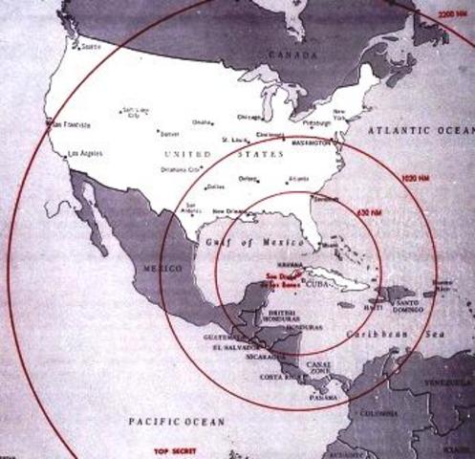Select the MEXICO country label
pos(153,270)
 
